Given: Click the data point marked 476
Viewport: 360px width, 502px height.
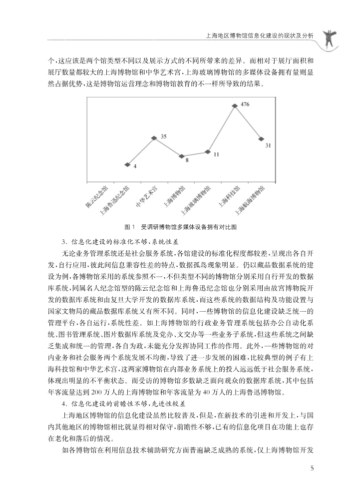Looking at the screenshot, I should pyautogui.click(x=235, y=105).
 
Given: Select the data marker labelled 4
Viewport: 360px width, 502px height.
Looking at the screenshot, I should pyautogui.click(x=128, y=165).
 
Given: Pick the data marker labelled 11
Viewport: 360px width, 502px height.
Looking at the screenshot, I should pyautogui.click(x=208, y=151).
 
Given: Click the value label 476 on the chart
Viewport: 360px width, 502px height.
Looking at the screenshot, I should pyautogui.click(x=245, y=104).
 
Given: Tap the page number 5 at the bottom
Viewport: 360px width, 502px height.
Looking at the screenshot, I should pyautogui.click(x=312, y=468).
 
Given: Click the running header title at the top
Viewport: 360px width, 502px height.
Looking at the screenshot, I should pyautogui.click(x=259, y=36).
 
